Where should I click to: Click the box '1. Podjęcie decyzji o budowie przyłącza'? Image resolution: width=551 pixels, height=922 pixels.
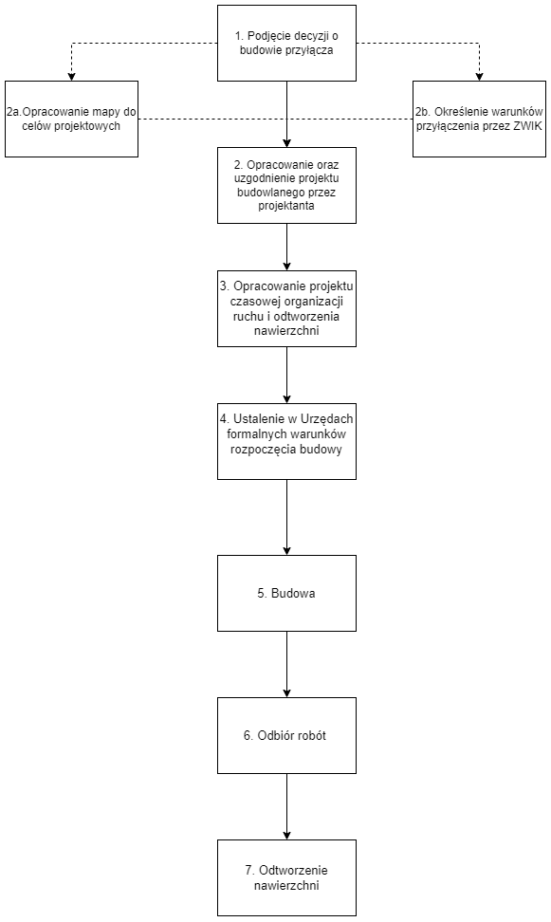[287, 43]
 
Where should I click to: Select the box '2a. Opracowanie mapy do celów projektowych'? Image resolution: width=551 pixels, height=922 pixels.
[72, 119]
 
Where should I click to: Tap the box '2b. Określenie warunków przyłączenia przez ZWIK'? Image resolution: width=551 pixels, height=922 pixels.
[479, 119]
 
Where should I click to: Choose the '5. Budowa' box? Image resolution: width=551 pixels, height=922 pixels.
[287, 593]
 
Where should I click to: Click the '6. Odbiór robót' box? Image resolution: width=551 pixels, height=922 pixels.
[287, 735]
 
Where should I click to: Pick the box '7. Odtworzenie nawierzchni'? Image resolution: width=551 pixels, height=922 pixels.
[287, 878]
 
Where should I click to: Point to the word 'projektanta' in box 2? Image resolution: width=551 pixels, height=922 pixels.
[286, 207]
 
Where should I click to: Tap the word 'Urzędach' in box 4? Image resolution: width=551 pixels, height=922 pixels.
[326, 419]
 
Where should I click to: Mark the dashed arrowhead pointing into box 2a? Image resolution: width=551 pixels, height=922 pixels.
[72, 77]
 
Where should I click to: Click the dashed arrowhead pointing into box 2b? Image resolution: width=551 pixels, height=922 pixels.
[479, 77]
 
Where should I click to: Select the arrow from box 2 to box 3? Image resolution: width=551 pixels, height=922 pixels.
[287, 247]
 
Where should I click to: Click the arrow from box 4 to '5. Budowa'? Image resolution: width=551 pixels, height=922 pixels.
[287, 518]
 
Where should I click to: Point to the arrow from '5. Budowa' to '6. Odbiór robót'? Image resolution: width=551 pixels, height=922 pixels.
[287, 664]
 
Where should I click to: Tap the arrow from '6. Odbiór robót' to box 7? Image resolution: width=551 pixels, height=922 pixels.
[287, 806]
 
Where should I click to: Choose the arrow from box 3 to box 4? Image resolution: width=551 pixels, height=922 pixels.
[287, 375]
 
